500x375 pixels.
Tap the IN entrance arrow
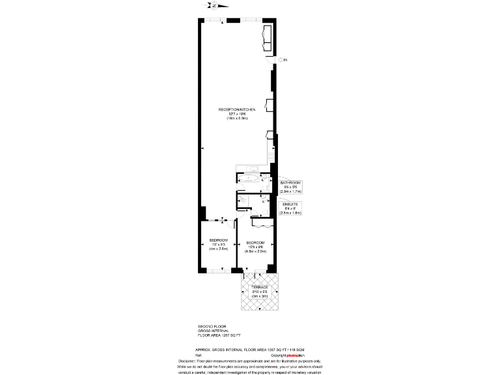tap(282, 60)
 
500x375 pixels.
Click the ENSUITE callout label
tap(290, 204)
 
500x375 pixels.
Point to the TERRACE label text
tap(260, 286)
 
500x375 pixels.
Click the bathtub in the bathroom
tap(250, 179)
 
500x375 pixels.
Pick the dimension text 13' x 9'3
tap(218, 244)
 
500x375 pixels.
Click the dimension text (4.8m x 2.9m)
tap(255, 251)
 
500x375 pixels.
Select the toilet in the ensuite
tap(264, 201)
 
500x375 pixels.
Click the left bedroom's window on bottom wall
tap(217, 270)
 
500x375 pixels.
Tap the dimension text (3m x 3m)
tap(260, 296)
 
